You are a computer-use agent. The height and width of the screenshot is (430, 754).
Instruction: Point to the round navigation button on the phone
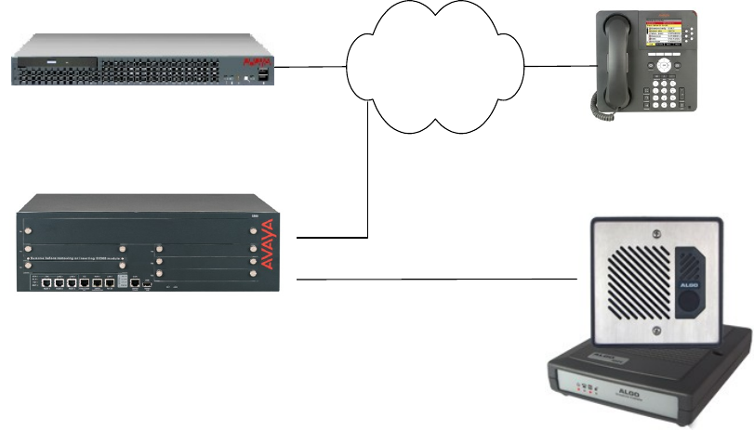[x=664, y=67]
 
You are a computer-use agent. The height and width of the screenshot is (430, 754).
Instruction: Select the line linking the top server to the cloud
[x=312, y=67]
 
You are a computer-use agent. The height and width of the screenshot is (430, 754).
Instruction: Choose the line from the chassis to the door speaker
[x=437, y=279]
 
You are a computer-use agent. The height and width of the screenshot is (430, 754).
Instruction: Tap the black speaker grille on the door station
[x=640, y=278]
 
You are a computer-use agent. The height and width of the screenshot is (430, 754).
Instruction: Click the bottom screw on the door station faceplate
[x=658, y=325]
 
